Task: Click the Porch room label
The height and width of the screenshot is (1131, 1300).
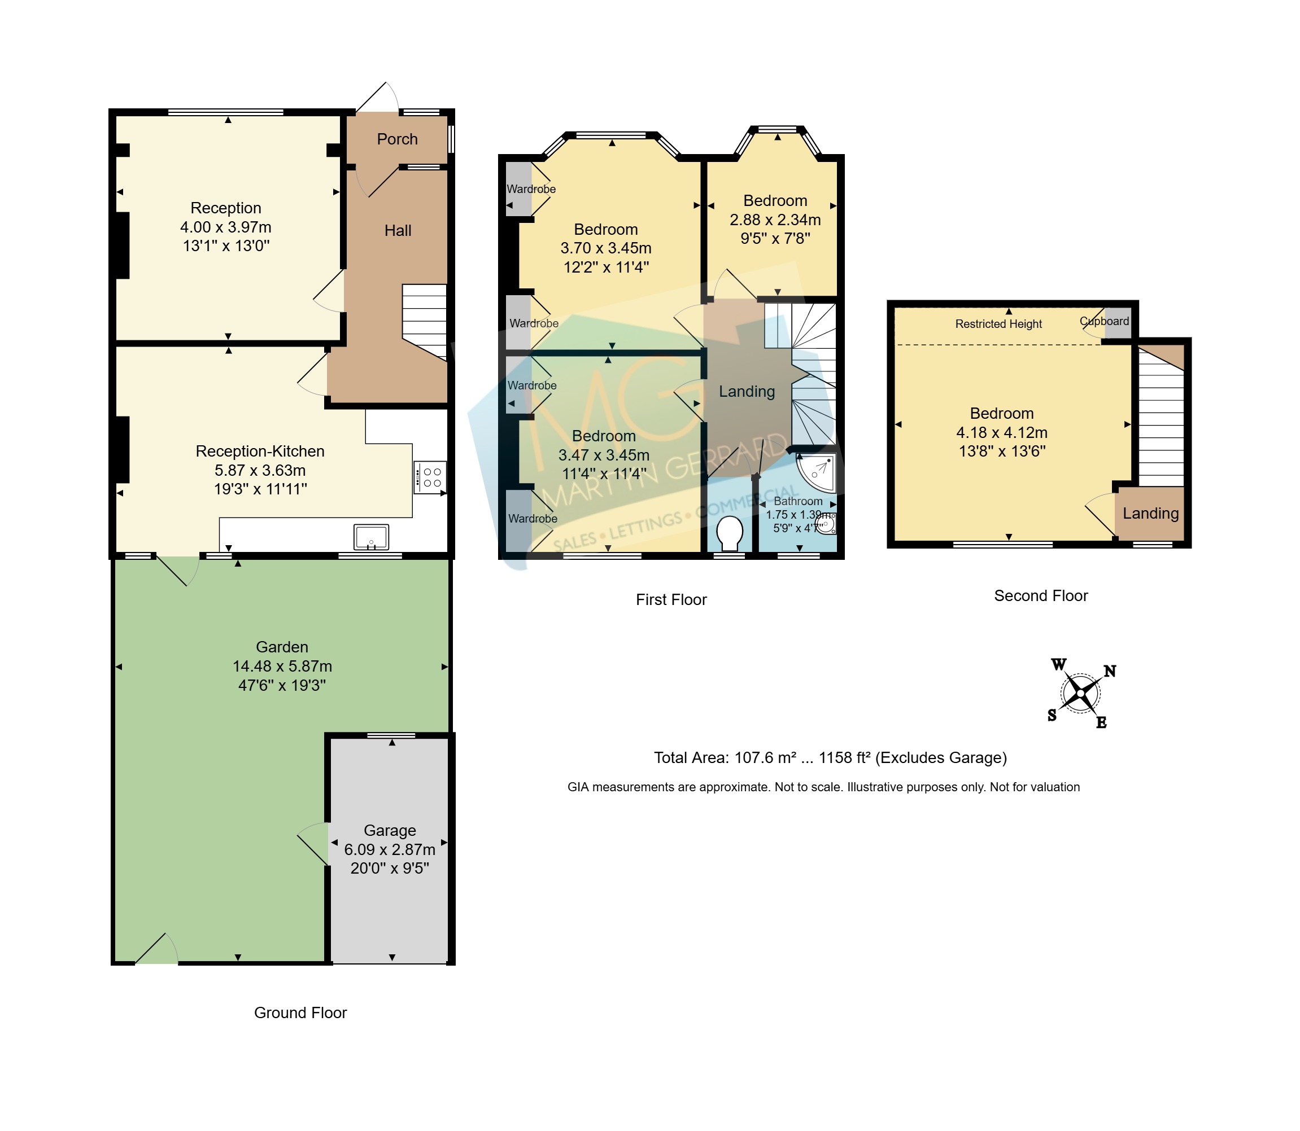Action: tap(397, 139)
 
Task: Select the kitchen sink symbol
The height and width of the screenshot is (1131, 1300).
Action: tap(371, 537)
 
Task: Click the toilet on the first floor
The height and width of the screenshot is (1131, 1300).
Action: tap(729, 534)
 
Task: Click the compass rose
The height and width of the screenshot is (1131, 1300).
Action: tap(1081, 694)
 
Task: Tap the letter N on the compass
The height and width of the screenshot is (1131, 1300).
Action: tap(1109, 671)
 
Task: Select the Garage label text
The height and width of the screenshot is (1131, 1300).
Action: tap(390, 831)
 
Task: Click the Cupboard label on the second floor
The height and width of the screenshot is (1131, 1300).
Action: tap(1104, 321)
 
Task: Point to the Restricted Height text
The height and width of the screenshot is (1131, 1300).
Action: tap(998, 324)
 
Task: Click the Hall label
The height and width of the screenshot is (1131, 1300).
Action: tap(398, 230)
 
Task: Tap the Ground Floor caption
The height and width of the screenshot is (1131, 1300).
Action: tap(300, 1012)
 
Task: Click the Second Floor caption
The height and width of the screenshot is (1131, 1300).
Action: tap(1041, 596)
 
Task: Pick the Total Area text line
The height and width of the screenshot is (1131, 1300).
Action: tap(830, 757)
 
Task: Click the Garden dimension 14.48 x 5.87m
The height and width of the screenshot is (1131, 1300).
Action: tap(282, 666)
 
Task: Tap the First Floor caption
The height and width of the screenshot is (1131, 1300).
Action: tap(671, 599)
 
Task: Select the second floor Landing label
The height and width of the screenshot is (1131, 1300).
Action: tap(1150, 513)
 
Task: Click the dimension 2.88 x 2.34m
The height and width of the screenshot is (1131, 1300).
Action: tap(775, 220)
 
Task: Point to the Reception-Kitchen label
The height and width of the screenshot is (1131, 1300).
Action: tap(260, 451)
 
